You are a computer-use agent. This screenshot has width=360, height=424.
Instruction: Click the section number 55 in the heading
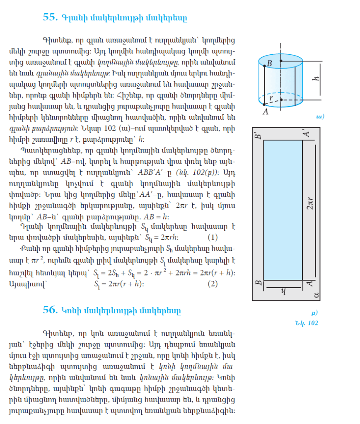click(x=50, y=17)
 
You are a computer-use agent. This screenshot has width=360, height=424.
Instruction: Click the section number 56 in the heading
click(x=50, y=310)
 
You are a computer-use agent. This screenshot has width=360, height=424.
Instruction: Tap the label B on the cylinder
click(x=269, y=64)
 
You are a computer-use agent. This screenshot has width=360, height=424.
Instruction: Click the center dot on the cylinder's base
click(x=281, y=100)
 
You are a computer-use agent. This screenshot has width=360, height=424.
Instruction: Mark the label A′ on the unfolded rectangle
click(x=307, y=134)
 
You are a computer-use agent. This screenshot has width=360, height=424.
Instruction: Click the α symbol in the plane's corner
click(x=316, y=295)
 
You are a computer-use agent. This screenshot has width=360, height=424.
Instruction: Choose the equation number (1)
click(x=212, y=237)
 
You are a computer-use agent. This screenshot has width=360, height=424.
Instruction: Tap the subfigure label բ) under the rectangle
click(x=314, y=313)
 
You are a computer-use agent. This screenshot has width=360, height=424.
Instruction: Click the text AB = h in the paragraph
click(x=155, y=217)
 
